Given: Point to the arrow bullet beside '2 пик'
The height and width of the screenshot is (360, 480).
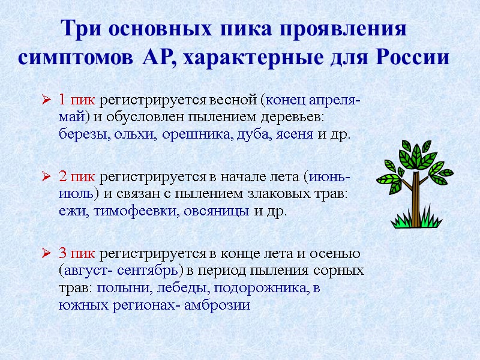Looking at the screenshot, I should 47,177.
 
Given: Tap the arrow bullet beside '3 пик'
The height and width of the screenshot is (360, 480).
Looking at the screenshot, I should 47,254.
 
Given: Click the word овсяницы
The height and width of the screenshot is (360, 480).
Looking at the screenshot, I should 217,211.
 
